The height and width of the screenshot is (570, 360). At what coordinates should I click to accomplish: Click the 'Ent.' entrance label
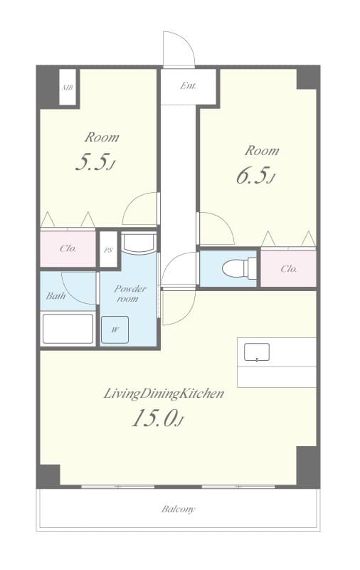point(188,87)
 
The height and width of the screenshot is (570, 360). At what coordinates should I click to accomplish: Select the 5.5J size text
point(95,163)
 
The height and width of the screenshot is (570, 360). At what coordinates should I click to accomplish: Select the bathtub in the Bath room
point(68,329)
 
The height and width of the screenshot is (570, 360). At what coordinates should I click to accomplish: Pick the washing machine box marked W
point(115,329)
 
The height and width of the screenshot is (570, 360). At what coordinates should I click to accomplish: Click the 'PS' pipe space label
point(108,250)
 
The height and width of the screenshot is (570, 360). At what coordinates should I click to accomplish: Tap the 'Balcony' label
point(178,510)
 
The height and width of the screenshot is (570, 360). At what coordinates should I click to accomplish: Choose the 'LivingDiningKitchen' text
point(164,393)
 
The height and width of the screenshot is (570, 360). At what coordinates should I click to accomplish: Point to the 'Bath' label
point(56,295)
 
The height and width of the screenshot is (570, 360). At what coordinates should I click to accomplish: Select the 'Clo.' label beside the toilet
point(288,269)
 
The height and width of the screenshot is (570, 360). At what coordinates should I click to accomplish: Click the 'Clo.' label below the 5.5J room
point(68,249)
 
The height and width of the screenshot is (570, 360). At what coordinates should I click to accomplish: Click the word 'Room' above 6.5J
point(262,151)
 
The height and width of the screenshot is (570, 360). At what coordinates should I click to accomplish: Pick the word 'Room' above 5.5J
point(102,137)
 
